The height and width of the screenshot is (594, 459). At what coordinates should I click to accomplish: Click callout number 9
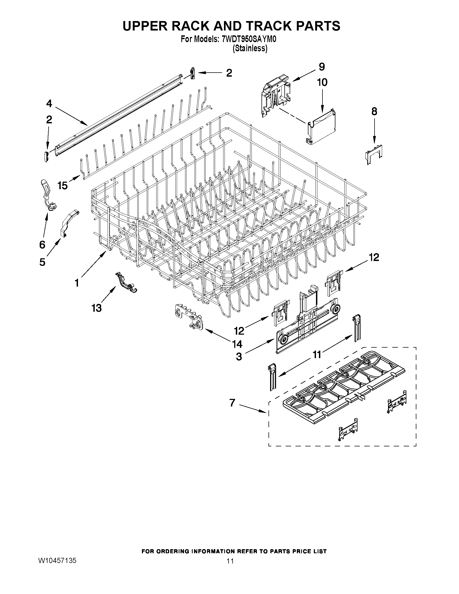coord(322,67)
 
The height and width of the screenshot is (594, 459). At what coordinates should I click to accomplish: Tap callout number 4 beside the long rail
coord(49,104)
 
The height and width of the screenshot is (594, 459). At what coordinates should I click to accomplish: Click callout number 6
coord(42,245)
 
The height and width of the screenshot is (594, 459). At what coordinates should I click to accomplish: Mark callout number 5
coord(42,262)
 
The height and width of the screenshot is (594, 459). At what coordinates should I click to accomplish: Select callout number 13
coord(96,308)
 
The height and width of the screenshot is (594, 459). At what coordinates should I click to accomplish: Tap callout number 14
coord(237,344)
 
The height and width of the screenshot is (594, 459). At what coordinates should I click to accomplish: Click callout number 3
coord(239,357)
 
